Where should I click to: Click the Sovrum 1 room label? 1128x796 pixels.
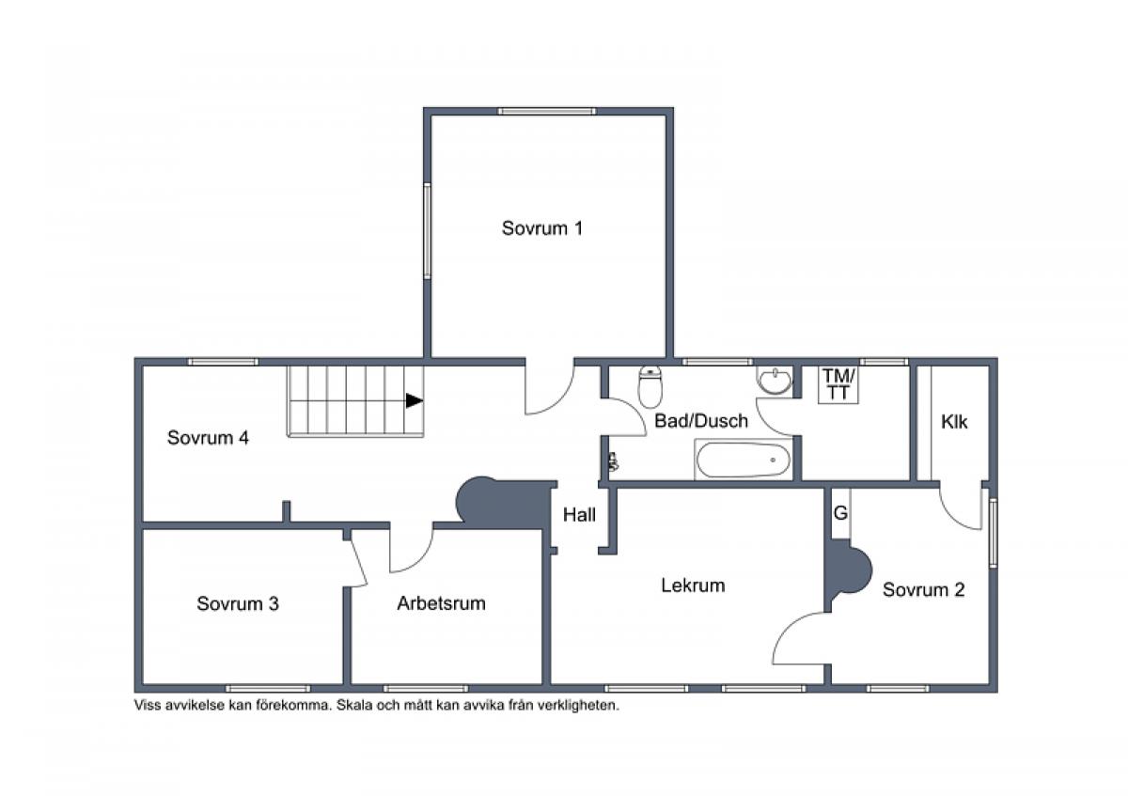(542, 228)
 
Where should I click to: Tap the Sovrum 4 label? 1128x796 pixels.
(208, 438)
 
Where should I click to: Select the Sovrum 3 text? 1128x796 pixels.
(238, 603)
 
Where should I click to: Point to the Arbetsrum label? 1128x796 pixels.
(441, 602)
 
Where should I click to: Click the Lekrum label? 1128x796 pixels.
(693, 585)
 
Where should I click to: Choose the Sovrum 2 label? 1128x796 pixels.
(923, 589)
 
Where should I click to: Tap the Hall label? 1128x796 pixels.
(579, 514)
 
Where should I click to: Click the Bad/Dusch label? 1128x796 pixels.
(701, 420)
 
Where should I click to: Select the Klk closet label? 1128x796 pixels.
(954, 421)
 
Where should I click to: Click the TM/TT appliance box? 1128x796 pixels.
(838, 384)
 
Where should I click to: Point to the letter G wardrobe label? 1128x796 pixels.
(840, 513)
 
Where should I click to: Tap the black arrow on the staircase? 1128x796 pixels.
(415, 400)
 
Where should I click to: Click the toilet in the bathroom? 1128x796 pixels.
(650, 386)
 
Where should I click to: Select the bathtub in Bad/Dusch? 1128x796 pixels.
(743, 460)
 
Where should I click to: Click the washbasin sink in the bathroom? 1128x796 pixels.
(775, 380)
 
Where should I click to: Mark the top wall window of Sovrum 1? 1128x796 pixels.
(547, 111)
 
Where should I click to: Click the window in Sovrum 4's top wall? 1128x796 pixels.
(223, 362)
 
